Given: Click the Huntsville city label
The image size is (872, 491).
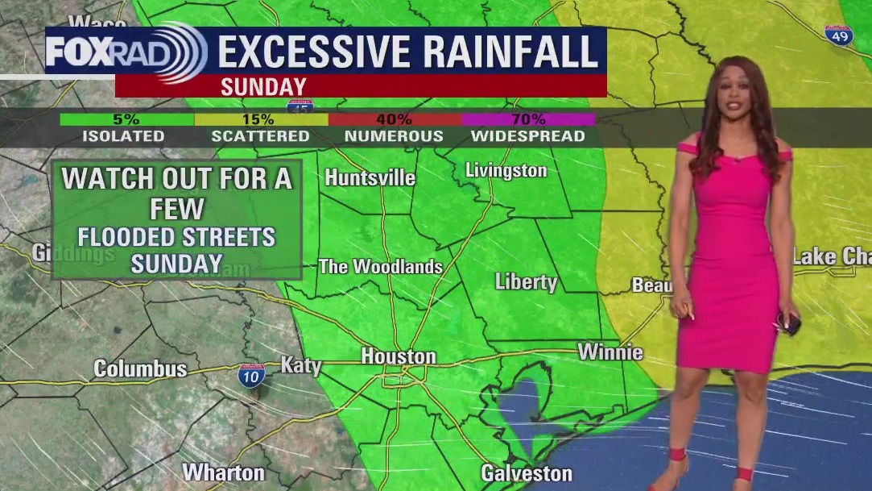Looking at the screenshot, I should [370, 177].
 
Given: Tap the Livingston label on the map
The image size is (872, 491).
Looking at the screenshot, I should [506, 170].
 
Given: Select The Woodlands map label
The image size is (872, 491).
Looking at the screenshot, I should [380, 266].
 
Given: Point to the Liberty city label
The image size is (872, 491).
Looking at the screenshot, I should [526, 282].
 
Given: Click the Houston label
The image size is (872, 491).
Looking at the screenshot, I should [399, 356].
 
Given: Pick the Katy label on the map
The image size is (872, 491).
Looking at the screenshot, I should [300, 365].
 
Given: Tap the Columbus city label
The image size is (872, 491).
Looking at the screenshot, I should [140, 369].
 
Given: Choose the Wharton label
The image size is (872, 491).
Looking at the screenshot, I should [223, 472].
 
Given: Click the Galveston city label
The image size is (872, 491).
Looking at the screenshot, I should [527, 472].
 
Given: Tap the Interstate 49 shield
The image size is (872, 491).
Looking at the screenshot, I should [840, 35].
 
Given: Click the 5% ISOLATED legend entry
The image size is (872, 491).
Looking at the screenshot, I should [123, 128].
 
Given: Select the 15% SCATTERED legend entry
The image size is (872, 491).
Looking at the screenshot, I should [260, 128].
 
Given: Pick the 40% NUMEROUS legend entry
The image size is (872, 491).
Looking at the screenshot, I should [394, 128].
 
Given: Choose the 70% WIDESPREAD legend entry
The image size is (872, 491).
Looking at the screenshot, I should [527, 128].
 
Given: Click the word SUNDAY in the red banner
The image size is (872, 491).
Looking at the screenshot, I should [263, 86].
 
